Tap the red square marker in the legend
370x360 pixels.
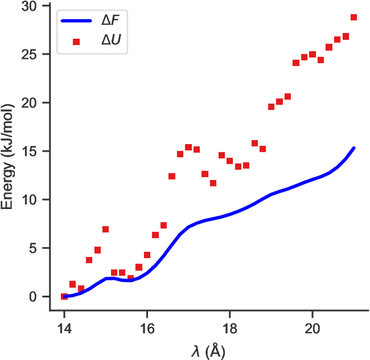76,42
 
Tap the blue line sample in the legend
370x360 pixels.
76,21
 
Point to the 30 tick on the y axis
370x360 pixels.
36,6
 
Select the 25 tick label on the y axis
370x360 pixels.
36,54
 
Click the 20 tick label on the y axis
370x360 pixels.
36,103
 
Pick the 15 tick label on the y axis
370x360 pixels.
36,151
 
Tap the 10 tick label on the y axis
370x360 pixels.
36,200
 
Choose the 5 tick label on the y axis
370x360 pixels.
40,248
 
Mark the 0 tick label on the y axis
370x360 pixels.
40,296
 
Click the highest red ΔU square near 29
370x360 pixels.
354,17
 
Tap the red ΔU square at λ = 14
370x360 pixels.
64,296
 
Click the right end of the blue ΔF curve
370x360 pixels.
354,148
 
